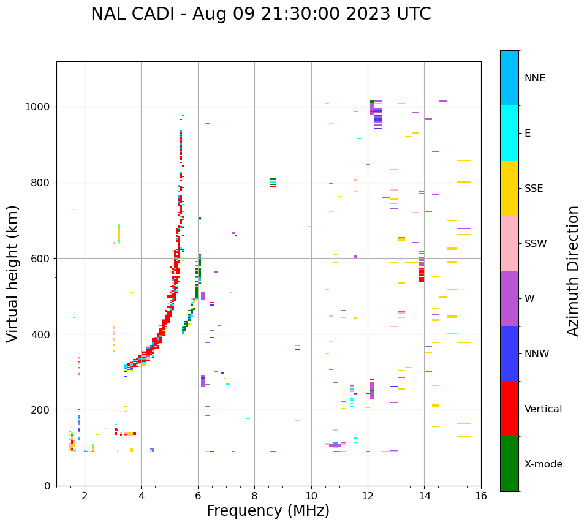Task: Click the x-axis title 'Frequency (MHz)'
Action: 268,511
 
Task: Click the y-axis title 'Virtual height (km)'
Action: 13,273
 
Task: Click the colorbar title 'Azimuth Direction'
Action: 573,271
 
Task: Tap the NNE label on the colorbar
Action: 534,78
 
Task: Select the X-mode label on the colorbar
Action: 543,464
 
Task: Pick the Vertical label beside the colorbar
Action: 543,409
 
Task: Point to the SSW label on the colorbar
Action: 536,244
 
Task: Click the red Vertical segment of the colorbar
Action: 509,409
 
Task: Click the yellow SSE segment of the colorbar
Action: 509,188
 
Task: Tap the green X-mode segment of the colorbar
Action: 509,464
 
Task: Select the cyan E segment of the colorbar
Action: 509,133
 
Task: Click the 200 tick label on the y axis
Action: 43,410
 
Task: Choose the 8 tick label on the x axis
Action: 254,496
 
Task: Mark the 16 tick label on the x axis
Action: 481,496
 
